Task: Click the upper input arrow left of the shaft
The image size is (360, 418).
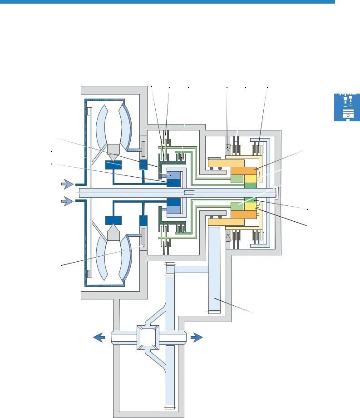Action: click(x=67, y=184)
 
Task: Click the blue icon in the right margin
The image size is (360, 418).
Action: click(x=347, y=107)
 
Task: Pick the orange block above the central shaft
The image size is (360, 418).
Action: click(x=244, y=171)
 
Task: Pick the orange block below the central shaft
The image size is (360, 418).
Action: click(x=244, y=214)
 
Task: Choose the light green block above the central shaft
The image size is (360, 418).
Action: click(x=237, y=179)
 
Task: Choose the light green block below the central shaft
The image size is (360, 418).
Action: click(x=237, y=207)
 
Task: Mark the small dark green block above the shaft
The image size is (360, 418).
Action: click(x=250, y=185)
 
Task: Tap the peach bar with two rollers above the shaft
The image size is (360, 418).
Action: click(x=226, y=163)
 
